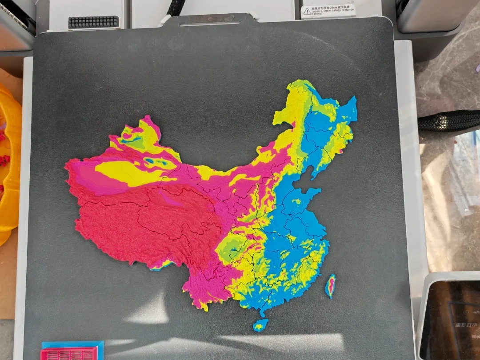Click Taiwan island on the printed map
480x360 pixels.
tap(331, 286)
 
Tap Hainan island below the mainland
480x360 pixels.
tap(260, 325)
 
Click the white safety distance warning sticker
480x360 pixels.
tap(328, 10)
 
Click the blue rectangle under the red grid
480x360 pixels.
tap(73, 344)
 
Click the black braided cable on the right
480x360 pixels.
tap(449, 120)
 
